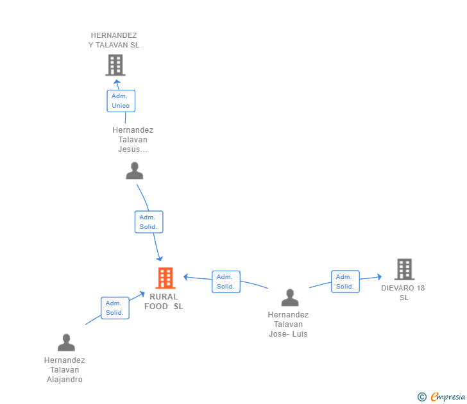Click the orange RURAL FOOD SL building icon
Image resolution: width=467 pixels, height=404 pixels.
(x=166, y=278)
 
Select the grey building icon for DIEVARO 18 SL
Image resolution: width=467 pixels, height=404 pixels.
(x=404, y=269)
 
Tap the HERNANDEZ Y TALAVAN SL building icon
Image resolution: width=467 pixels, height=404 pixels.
(x=115, y=65)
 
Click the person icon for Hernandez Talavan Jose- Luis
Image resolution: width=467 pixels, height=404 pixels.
(x=290, y=298)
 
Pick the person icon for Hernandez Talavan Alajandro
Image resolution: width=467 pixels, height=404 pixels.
(x=66, y=342)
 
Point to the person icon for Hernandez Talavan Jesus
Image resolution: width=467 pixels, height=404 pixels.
(x=135, y=171)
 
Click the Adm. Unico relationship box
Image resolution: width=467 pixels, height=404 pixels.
(x=121, y=101)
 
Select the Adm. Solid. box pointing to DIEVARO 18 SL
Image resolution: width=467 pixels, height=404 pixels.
(x=345, y=282)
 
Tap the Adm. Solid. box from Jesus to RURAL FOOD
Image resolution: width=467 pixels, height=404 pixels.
(x=149, y=222)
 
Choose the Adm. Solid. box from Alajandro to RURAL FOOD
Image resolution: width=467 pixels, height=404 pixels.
(x=115, y=308)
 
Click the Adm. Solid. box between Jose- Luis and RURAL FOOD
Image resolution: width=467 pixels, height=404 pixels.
(x=226, y=282)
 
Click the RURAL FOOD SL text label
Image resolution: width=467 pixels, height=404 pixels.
(x=164, y=301)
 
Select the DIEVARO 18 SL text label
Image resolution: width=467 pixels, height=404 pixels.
(x=403, y=292)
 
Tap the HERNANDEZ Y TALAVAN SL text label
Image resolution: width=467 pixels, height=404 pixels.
(x=114, y=40)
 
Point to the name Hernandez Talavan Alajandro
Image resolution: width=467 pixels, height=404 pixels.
(x=65, y=370)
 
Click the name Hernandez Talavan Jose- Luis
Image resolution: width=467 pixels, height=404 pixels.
(x=288, y=324)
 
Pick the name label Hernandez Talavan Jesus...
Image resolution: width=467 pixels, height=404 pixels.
(x=133, y=140)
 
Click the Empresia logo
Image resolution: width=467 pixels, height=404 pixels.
(x=441, y=396)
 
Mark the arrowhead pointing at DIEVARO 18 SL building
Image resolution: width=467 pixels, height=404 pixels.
(x=380, y=277)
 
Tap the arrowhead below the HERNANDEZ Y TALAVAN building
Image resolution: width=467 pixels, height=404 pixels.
(x=117, y=81)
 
